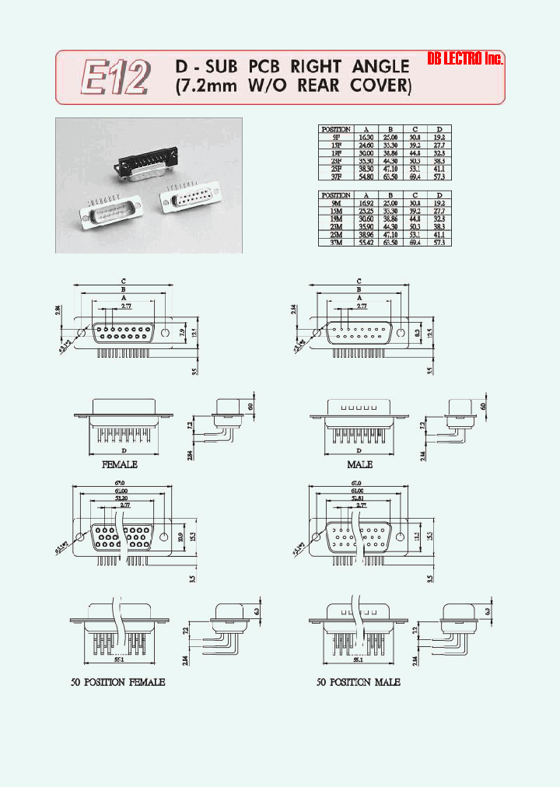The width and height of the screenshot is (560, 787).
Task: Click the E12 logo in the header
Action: pos(114,78)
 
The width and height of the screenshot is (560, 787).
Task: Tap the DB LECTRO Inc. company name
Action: pos(466,59)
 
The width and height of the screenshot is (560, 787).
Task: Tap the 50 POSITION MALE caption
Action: pos(359,682)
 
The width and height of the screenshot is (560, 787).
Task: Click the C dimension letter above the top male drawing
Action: pos(359,281)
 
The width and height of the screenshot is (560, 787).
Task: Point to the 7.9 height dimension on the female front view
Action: pos(182,333)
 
